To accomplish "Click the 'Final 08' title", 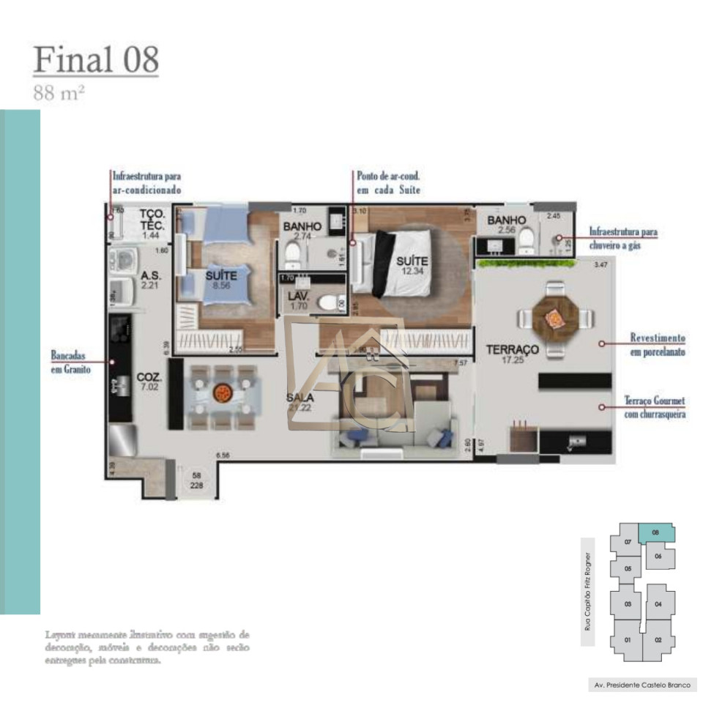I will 96,60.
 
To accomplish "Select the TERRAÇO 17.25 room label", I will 513,355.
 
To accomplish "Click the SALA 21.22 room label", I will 301,403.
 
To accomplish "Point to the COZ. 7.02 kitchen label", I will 149,382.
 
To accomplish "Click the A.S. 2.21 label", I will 152,280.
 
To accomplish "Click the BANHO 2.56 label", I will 506,225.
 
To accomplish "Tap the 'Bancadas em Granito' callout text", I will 70,362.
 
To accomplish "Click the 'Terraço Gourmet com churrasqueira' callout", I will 655,406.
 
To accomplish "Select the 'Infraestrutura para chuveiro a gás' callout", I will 623,239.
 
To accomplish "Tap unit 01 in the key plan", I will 628,639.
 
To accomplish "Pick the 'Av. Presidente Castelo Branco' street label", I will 641,686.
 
